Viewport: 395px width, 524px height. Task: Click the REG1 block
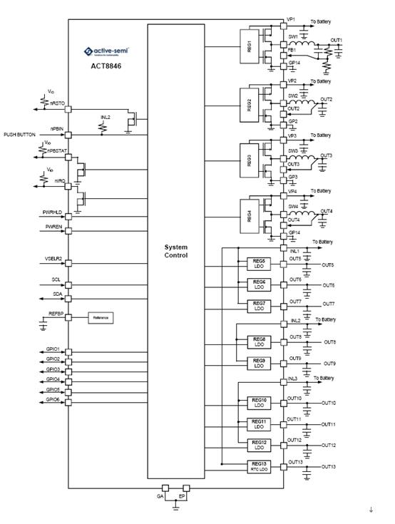(x=250, y=53)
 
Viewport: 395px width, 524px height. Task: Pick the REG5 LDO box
(x=259, y=264)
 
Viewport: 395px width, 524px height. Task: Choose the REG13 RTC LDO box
(x=259, y=467)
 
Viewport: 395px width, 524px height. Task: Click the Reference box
(x=101, y=317)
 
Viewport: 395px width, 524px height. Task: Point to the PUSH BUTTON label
(x=20, y=134)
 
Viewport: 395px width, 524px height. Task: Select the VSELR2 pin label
(x=53, y=258)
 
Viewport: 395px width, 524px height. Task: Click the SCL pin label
(x=56, y=279)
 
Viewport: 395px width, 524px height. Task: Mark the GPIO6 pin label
(x=53, y=400)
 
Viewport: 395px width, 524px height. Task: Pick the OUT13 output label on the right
(x=328, y=467)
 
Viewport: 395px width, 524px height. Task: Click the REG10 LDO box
(x=259, y=404)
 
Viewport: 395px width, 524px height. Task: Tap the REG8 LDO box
(x=259, y=341)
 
